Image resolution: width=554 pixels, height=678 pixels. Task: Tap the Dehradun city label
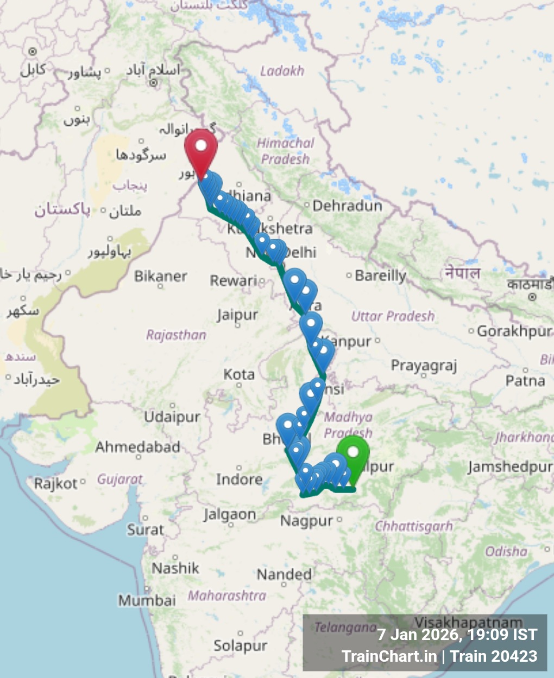347,206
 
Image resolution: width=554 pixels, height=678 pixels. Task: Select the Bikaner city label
161,276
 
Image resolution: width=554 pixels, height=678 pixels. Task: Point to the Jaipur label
237,315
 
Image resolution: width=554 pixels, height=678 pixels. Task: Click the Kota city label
239,374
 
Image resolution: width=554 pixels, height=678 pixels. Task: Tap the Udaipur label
172,417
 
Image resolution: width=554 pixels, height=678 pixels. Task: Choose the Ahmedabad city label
137,447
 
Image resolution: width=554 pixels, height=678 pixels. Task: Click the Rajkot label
56,483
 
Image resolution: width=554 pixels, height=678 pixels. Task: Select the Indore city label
240,479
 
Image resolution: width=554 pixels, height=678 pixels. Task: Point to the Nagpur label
306,521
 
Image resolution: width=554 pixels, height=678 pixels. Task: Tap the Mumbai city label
147,600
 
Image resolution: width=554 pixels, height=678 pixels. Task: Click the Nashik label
175,568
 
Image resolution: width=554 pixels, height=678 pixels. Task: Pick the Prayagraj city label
424,366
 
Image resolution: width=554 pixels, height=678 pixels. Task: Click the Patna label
525,381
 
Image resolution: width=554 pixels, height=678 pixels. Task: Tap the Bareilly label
380,276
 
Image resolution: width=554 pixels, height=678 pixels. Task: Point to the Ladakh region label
282,71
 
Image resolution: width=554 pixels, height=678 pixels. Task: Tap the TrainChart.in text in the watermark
389,656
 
